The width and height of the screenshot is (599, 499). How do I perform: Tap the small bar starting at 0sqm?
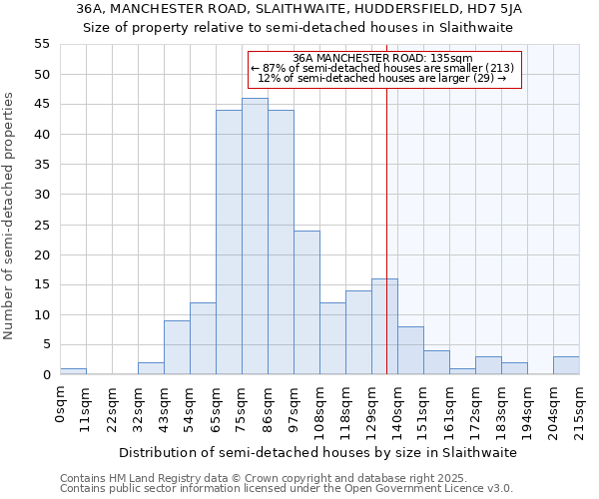click(x=73, y=371)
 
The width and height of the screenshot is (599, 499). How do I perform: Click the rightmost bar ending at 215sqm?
click(x=566, y=365)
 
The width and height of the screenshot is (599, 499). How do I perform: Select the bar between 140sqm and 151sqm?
click(x=410, y=350)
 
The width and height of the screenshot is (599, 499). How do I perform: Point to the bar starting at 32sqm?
click(x=151, y=368)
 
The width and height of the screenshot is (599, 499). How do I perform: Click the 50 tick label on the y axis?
click(x=41, y=75)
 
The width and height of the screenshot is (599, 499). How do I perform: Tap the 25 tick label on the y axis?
click(x=41, y=225)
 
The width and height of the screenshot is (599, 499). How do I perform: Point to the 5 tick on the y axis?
click(x=45, y=345)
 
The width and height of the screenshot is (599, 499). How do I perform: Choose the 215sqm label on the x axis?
click(x=579, y=409)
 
